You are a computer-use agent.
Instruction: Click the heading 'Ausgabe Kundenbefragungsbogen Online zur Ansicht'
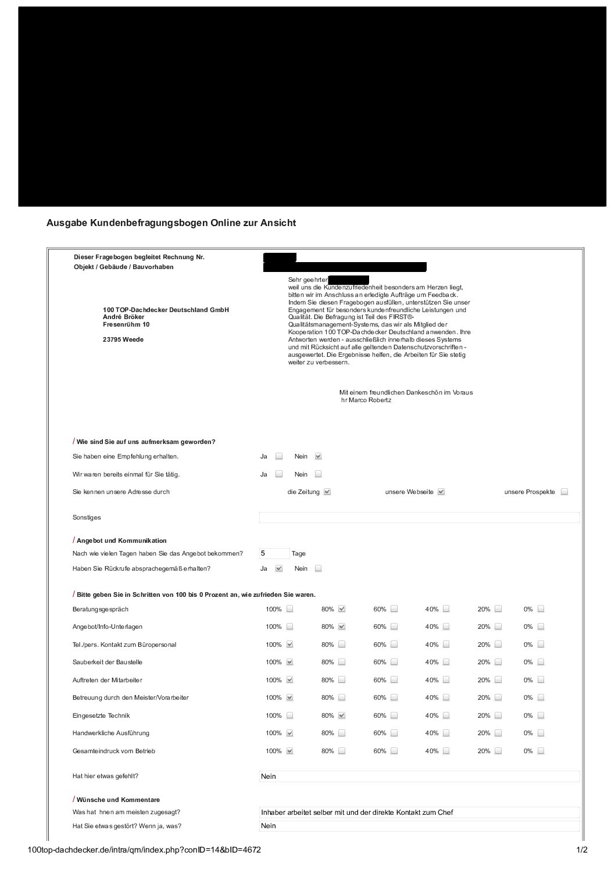tap(171, 223)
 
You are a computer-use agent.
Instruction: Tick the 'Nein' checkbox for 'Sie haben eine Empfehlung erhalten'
tap(318, 457)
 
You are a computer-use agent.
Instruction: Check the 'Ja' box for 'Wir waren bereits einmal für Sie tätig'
tap(279, 474)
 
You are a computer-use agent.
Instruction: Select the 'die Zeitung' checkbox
tap(327, 492)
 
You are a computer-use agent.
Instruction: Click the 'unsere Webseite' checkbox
tap(441, 492)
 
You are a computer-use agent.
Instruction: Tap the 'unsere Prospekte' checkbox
tap(564, 492)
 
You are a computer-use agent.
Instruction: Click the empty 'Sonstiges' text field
tap(419, 518)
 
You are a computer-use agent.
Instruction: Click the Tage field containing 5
tap(274, 554)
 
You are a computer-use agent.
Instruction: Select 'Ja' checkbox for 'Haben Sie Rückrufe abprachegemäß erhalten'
tap(279, 569)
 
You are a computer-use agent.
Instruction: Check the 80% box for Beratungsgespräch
tap(342, 610)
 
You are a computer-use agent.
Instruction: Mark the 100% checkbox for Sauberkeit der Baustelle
tap(290, 663)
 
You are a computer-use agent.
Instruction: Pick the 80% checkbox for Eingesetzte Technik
tap(342, 716)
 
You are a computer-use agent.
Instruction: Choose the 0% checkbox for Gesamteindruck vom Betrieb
tap(541, 751)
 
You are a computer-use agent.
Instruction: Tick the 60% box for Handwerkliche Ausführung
tap(394, 733)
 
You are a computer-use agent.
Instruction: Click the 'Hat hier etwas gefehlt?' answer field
tap(419, 776)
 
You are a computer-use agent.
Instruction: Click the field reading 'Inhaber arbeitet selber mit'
tap(419, 812)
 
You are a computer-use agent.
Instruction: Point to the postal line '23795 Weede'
tap(123, 339)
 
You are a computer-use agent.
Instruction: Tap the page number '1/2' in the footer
tap(581, 850)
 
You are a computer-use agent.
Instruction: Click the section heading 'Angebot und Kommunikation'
tap(121, 541)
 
